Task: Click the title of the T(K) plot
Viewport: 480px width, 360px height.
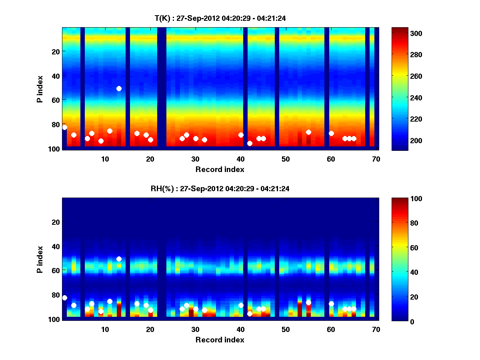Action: (x=220, y=18)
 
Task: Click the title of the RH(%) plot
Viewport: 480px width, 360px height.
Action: (x=220, y=188)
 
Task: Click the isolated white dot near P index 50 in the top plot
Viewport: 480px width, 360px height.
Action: (x=119, y=88)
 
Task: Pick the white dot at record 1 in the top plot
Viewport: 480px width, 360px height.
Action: (x=64, y=127)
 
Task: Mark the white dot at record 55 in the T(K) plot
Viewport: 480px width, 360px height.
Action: (x=308, y=132)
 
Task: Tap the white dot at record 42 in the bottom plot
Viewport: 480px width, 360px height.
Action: (x=250, y=314)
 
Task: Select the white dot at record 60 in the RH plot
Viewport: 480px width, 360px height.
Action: (x=331, y=304)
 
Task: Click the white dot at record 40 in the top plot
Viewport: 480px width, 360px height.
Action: (x=241, y=135)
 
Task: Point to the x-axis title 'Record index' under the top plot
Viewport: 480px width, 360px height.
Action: (x=220, y=169)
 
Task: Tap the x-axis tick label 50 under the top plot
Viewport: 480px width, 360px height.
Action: (x=286, y=159)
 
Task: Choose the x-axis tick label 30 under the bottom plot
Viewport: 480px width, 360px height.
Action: (x=195, y=329)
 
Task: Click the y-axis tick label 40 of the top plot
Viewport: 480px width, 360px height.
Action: (x=55, y=76)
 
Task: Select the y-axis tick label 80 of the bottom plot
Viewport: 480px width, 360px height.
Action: (x=55, y=295)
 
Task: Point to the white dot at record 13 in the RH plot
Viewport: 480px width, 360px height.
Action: (x=119, y=259)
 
